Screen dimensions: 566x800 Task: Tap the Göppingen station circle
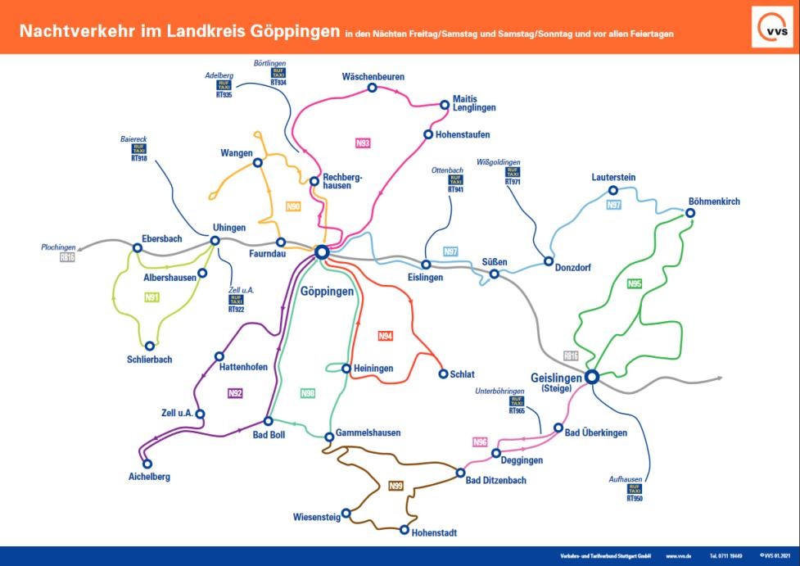pyautogui.click(x=322, y=252)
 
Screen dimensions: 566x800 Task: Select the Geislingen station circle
pyautogui.click(x=590, y=377)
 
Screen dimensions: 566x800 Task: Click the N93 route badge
pyautogui.click(x=364, y=143)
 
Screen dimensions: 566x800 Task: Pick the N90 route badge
pyautogui.click(x=293, y=206)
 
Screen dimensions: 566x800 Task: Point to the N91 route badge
pyautogui.click(x=151, y=297)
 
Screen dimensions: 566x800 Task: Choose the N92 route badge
pyautogui.click(x=236, y=393)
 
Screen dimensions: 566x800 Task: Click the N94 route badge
pyautogui.click(x=386, y=336)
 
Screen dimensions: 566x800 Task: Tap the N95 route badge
pyautogui.click(x=635, y=284)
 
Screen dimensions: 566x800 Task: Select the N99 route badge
pyautogui.click(x=396, y=486)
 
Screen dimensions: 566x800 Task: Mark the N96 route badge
pyautogui.click(x=481, y=442)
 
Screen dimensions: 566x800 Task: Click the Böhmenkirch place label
pyautogui.click(x=714, y=201)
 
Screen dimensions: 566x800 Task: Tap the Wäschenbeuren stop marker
pyautogui.click(x=372, y=88)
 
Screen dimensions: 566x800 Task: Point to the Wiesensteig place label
pyautogui.click(x=315, y=517)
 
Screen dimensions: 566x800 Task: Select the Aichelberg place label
pyautogui.click(x=150, y=477)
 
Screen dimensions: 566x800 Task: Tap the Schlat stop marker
pyautogui.click(x=444, y=374)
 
